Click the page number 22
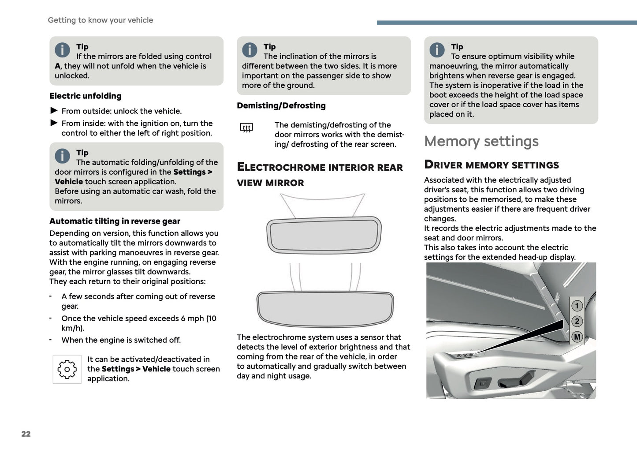click(x=26, y=434)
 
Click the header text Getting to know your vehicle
click(x=101, y=20)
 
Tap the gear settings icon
click(x=67, y=369)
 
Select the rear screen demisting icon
click(x=246, y=128)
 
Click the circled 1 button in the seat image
click(x=577, y=306)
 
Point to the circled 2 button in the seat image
click(x=577, y=321)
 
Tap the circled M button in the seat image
click(x=577, y=337)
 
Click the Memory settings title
click(x=481, y=141)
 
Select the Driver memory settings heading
click(x=491, y=165)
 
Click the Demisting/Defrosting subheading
click(x=281, y=105)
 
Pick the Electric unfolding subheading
click(x=85, y=96)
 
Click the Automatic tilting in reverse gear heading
click(x=115, y=221)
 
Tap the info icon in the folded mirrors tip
click(x=62, y=50)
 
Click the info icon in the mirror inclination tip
click(x=250, y=50)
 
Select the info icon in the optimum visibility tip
click(x=437, y=50)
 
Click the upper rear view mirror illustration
click(x=324, y=235)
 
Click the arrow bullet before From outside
click(x=54, y=111)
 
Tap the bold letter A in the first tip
click(x=57, y=66)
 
